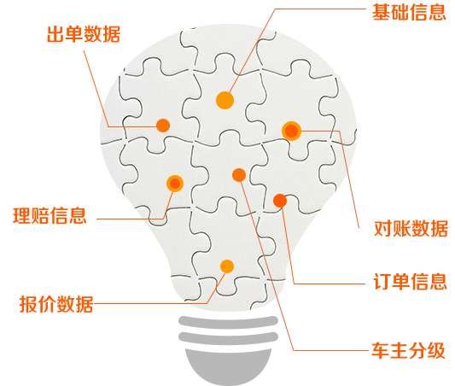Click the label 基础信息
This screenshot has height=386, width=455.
point(409,13)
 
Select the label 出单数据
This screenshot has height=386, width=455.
point(84,34)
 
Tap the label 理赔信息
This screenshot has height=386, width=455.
point(50,216)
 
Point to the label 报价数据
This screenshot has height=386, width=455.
point(56,304)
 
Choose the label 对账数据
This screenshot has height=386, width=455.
point(411,228)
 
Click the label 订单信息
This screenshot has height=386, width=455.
point(410,281)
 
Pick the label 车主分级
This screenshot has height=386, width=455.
point(408,350)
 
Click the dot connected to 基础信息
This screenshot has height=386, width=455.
point(225,101)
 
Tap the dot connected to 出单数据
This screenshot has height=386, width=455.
point(163,126)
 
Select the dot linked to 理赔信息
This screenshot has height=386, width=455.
point(175,184)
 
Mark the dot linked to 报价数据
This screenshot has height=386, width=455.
point(227,266)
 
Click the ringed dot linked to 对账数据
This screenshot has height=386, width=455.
point(291,131)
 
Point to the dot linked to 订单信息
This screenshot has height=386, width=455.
point(280,201)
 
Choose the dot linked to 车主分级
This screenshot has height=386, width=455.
point(239,175)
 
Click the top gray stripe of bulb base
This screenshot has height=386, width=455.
point(229,322)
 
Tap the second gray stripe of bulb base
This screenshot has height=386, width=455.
point(229,338)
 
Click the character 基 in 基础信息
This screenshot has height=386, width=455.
point(382,13)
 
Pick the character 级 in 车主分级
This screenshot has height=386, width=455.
point(436,350)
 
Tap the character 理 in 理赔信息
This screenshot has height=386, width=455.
point(22,216)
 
